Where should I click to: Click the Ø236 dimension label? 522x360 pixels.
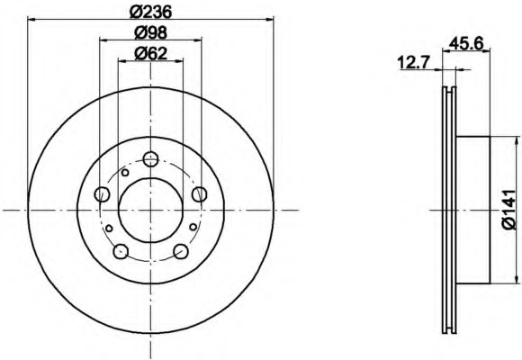pyautogui.click(x=150, y=13)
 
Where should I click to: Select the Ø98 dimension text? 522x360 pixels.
pyautogui.click(x=150, y=33)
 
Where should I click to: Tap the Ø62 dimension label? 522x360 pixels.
pyautogui.click(x=150, y=53)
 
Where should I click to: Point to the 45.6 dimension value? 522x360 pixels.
pyautogui.click(x=466, y=43)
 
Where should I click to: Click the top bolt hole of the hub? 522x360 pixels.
pyautogui.click(x=150, y=159)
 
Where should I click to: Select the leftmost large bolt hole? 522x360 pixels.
pyautogui.click(x=102, y=194)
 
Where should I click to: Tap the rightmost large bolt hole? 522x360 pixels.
pyautogui.click(x=200, y=193)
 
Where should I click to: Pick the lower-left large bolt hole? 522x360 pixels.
pyautogui.click(x=121, y=251)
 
